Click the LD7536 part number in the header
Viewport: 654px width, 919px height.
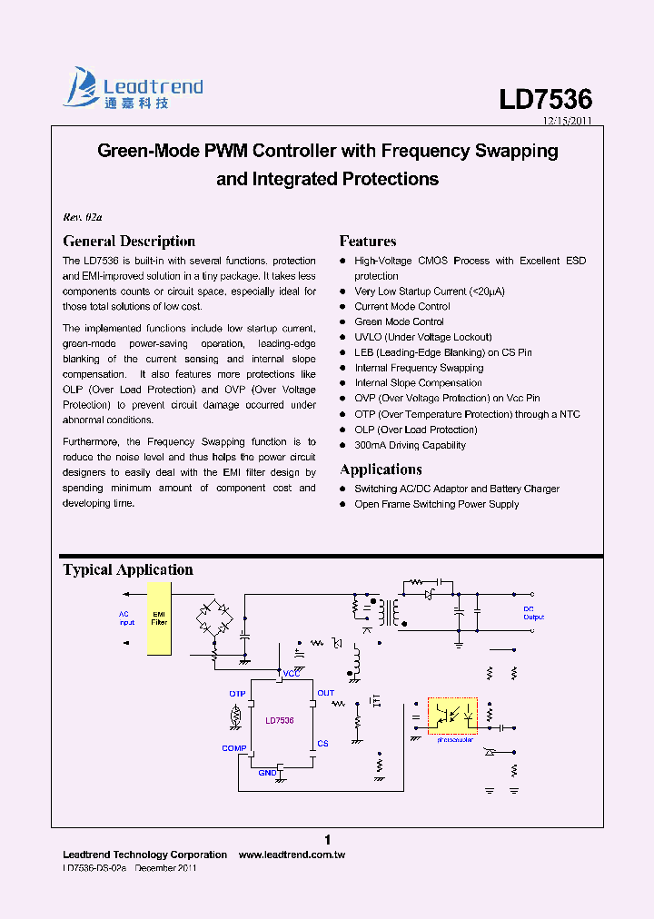545,100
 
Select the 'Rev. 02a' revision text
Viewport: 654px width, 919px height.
83,217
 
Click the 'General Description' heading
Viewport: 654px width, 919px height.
129,242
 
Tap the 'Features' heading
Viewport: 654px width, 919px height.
368,242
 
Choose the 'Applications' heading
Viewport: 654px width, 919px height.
381,469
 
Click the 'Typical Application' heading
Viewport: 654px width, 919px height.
128,570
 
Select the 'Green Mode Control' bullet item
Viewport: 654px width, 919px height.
399,321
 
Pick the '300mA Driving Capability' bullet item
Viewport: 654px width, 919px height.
410,445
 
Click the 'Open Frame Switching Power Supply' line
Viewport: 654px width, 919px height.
436,504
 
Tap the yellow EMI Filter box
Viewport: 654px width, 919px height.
159,618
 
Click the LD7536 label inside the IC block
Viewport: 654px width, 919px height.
280,720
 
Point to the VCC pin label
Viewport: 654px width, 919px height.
292,674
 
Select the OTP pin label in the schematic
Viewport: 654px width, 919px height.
238,694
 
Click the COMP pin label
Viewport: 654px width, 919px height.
234,748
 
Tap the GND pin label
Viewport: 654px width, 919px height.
267,773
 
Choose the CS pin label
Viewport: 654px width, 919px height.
322,744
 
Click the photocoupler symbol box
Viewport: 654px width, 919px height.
452,716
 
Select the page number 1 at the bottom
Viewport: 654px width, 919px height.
328,839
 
